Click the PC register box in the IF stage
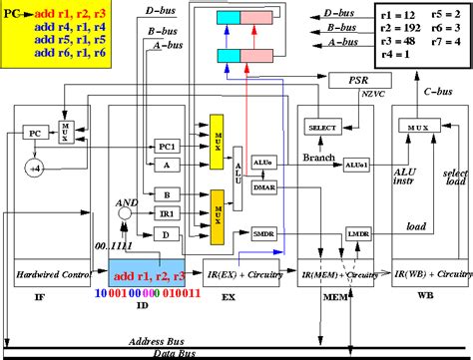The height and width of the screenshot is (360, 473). (x=35, y=132)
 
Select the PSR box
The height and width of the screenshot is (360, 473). (x=357, y=81)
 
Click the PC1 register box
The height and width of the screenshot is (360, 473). (x=168, y=147)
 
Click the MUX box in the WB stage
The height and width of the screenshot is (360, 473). (x=412, y=128)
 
